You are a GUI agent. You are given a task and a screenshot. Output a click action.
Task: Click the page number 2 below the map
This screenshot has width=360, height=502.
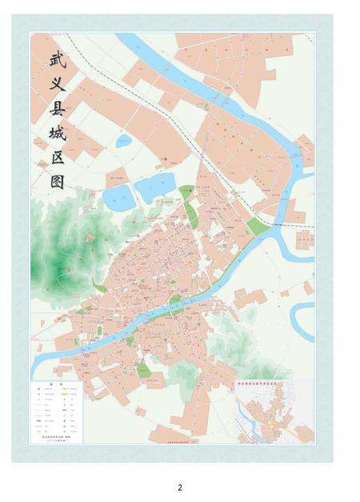[x=180, y=488]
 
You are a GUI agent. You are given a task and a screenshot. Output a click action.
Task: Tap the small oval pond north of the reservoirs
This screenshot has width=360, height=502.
[x=124, y=142]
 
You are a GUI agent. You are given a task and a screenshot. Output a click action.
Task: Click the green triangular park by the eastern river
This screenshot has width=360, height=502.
[x=258, y=227]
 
